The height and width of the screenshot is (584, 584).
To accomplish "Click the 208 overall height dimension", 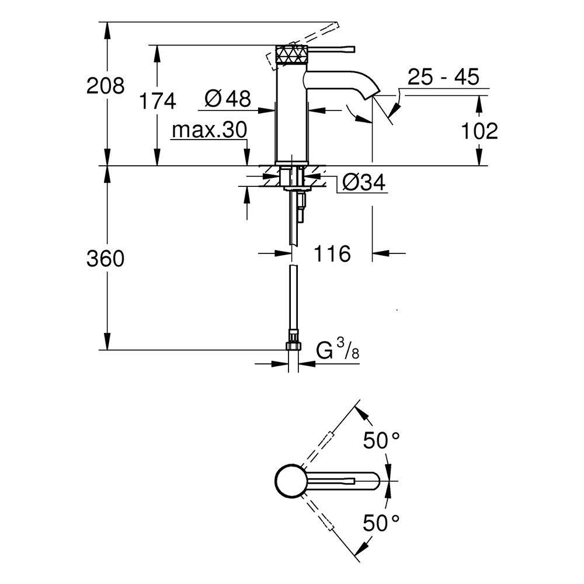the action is click(x=105, y=86).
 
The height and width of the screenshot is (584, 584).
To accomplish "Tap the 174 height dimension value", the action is click(x=157, y=101).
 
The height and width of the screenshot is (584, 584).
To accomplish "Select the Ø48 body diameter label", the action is click(x=228, y=99).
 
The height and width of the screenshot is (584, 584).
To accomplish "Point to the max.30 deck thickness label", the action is click(x=210, y=130).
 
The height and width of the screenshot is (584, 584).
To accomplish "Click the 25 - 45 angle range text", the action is click(x=443, y=77).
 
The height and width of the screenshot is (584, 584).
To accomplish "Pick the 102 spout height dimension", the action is click(x=479, y=131).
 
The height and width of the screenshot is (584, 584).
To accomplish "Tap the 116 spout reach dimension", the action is click(x=332, y=253).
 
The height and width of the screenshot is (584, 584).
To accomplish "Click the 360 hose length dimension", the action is click(x=105, y=259).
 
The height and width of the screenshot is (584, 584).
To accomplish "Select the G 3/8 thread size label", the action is click(x=338, y=349).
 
